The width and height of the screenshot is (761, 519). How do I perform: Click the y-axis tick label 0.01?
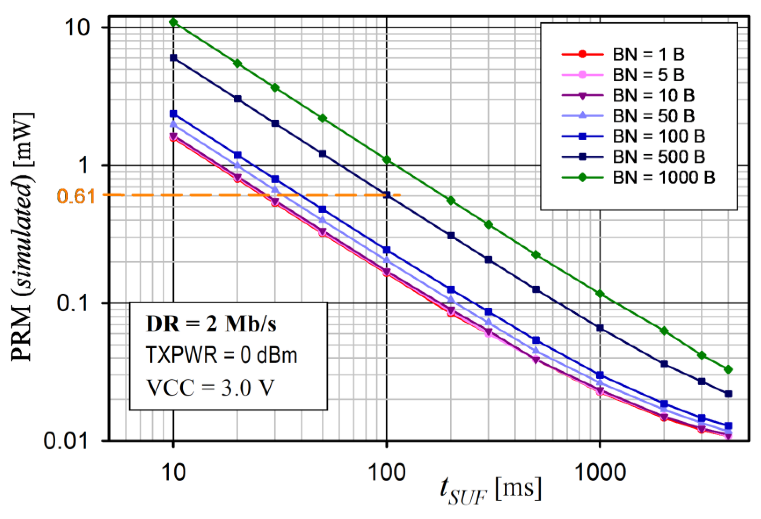click(66, 441)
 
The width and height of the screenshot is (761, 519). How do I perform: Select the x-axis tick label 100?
click(387, 472)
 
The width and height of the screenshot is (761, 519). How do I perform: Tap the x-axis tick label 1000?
click(600, 472)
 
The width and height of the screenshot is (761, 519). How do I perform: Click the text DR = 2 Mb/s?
click(211, 325)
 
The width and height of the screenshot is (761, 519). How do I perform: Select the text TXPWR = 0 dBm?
click(221, 355)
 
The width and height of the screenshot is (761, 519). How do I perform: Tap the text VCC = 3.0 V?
click(209, 388)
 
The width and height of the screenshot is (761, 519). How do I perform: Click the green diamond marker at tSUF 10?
click(173, 22)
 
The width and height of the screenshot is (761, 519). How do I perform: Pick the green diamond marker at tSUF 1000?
click(600, 294)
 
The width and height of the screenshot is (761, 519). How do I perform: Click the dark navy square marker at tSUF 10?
click(173, 58)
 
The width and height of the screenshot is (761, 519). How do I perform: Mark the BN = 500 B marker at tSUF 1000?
click(600, 328)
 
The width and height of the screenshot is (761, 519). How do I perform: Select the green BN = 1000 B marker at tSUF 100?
click(387, 160)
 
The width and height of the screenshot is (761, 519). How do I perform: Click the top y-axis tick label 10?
click(77, 28)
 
